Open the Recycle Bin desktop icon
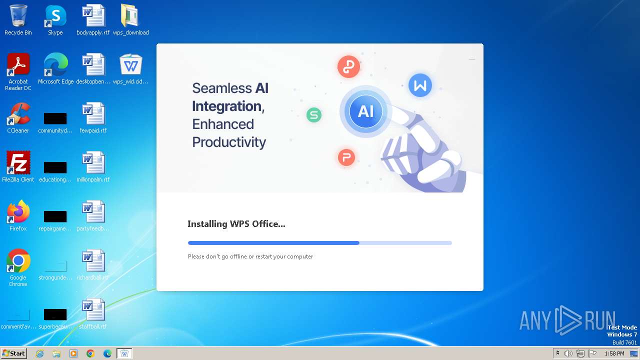(18, 16)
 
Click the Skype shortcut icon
(55, 16)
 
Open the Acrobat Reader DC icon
(18, 65)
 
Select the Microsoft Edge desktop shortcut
(55, 65)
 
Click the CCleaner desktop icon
(18, 114)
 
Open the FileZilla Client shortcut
(18, 163)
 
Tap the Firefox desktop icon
(18, 212)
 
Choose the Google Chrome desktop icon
(18, 261)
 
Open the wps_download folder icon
(130, 16)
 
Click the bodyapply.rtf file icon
(93, 16)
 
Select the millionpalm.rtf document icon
(93, 163)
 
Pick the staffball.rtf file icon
(93, 310)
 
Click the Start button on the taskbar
(13, 353)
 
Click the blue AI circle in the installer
(365, 111)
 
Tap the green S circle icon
(314, 115)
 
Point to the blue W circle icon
(420, 85)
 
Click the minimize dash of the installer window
(472, 59)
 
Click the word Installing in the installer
(207, 224)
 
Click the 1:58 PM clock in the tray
(614, 353)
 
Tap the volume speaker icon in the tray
(568, 353)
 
